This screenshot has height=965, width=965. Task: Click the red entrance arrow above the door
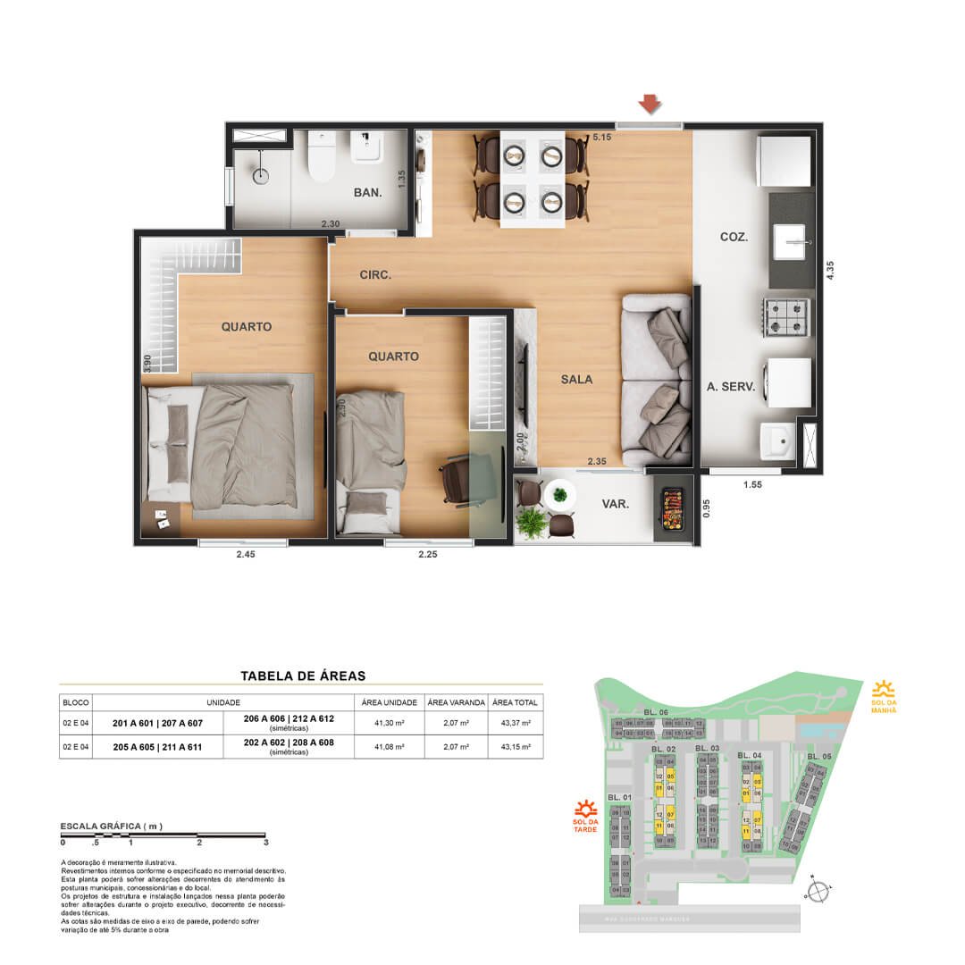[650, 105]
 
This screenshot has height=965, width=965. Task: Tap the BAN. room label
[368, 192]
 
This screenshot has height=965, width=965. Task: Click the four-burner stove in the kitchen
[785, 316]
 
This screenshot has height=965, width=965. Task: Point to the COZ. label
[734, 237]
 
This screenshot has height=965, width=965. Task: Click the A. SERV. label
[731, 387]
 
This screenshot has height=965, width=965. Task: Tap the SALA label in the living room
[577, 379]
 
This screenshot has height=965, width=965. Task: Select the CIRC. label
[375, 275]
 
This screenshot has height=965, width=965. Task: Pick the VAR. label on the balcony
[615, 504]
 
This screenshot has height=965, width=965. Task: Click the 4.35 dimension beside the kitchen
[831, 269]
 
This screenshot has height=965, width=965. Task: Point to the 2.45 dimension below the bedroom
[245, 555]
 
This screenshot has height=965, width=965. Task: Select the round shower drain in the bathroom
[260, 176]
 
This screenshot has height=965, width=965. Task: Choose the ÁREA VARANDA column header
[456, 701]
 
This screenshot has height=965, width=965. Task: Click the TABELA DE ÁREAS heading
[303, 676]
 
